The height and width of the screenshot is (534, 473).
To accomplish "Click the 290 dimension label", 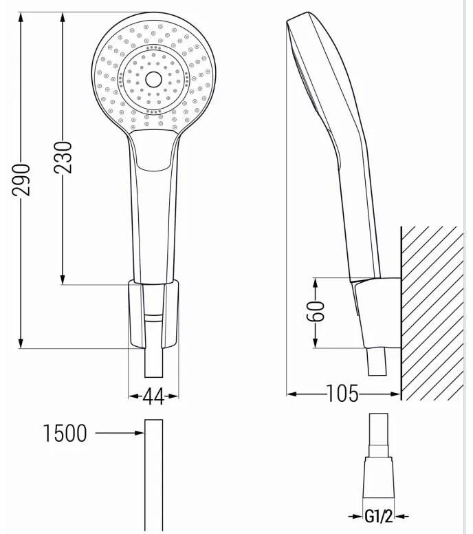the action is [21, 180].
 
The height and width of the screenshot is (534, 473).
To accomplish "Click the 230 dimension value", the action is [63, 158].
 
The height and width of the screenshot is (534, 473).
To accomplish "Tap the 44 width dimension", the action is [153, 396].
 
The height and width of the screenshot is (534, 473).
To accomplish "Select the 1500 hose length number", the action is [65, 434].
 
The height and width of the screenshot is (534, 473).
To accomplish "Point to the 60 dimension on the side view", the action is [316, 311].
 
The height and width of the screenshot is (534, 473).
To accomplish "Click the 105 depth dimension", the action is [342, 394].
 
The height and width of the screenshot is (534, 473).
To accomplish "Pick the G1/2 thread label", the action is [378, 516].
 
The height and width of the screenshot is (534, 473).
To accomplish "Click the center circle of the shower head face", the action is [154, 80].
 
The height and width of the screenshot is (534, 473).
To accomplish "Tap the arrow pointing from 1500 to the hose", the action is [120, 433].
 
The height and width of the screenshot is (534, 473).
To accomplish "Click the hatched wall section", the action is [432, 313].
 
